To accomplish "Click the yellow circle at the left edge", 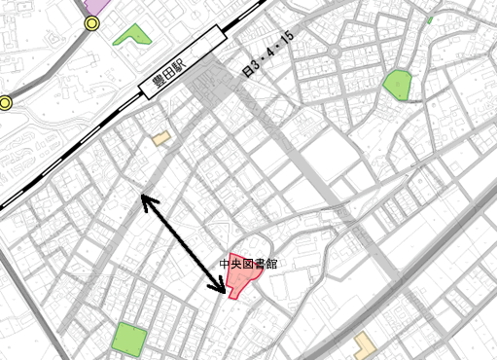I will (x=5, y=102).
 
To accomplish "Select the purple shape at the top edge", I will (x=96, y=4).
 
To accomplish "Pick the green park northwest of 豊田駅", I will (x=133, y=36).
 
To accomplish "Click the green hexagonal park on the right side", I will (x=398, y=85).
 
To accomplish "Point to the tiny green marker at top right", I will (x=429, y=20).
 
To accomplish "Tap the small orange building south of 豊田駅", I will (x=160, y=139).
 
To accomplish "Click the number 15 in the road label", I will (x=286, y=40).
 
